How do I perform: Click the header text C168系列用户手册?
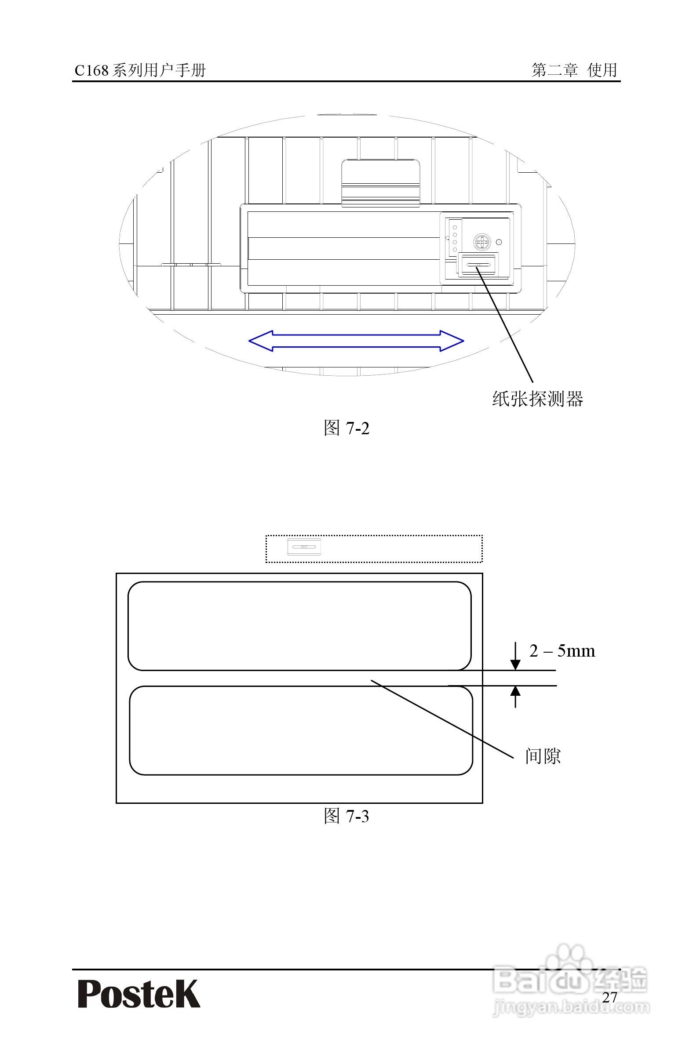[x=140, y=70]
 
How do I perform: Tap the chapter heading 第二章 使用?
[x=574, y=70]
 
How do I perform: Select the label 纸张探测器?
[x=537, y=399]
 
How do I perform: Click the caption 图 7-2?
[x=346, y=428]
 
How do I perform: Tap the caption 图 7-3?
[x=346, y=816]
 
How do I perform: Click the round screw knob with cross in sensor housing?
[x=482, y=242]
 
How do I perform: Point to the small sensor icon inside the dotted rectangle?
[x=304, y=547]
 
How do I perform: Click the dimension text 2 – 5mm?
[x=562, y=651]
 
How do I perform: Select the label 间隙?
[x=543, y=756]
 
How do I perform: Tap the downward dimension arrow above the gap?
[x=515, y=658]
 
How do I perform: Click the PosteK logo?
[x=139, y=994]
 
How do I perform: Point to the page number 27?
[x=609, y=997]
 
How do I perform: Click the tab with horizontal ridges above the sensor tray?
[x=380, y=183]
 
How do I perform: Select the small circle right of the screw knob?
[x=499, y=242]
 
